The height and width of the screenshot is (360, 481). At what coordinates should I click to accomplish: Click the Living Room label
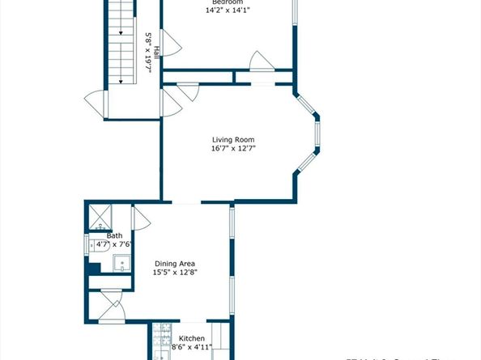point(228,138)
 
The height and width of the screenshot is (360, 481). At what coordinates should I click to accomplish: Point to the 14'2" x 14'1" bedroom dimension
point(228,11)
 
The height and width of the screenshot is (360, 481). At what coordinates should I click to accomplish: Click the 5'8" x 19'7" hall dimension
point(148,52)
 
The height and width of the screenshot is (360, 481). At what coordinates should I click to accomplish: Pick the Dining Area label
point(176,264)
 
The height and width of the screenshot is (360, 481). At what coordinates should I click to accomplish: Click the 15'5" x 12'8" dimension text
point(176,273)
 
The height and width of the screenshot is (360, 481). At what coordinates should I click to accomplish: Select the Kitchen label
point(192,338)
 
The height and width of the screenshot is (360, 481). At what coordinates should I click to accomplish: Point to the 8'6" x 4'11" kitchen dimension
point(192,347)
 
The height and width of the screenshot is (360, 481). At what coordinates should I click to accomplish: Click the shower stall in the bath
point(100,216)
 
